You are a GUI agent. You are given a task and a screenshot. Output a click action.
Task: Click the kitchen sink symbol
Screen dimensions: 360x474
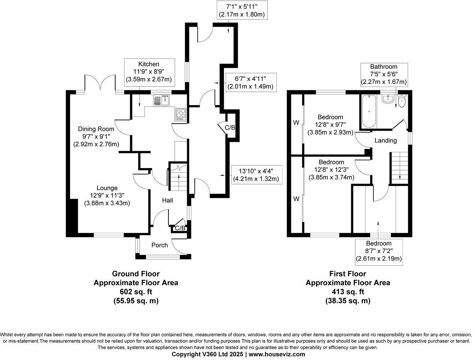tap(162, 100)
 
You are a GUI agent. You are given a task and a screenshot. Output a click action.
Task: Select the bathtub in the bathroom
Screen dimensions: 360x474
tap(369, 111)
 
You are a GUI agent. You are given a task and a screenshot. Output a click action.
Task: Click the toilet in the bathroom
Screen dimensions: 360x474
tap(402, 101)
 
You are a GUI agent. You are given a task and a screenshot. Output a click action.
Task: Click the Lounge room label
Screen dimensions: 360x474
tap(107, 188)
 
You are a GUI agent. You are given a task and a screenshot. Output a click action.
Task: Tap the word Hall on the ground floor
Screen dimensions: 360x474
tap(167, 201)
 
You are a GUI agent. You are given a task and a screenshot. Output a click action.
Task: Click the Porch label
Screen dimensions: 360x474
tap(159, 245)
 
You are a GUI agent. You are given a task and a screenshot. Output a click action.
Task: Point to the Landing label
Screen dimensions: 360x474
tap(385, 141)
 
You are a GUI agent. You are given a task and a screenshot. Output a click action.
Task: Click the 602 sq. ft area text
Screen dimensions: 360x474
tap(136, 292)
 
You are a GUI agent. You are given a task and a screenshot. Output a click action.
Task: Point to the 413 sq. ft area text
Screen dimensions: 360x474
tap(348, 292)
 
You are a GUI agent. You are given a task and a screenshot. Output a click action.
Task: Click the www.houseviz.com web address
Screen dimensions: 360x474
tap(277, 354)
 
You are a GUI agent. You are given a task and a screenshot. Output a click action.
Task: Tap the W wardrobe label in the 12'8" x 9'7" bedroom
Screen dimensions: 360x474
tap(296, 122)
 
